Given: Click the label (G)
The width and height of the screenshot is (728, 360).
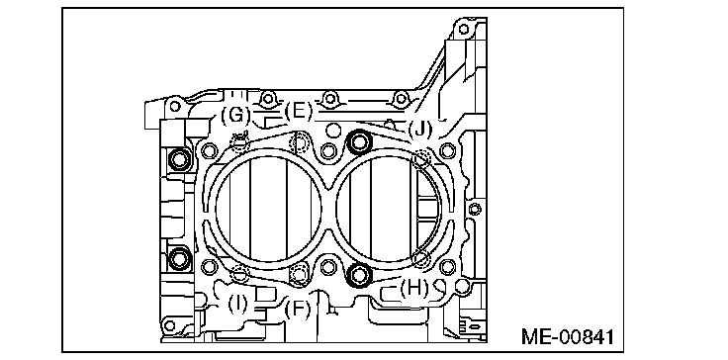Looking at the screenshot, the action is pos(235,115).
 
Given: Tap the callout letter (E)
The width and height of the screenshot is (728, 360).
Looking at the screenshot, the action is pos(298,112).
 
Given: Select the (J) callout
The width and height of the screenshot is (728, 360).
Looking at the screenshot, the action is pos(419,129).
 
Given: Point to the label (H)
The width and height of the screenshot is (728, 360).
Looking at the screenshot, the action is pos(414,289).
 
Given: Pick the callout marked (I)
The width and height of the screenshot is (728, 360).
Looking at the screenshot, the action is pos(237,305).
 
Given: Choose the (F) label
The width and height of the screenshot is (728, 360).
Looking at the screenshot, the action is pos(297,310).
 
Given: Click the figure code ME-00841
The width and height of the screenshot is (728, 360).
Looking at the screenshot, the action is pos(568,337).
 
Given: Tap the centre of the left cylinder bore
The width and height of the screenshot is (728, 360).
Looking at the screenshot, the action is pos(268,208).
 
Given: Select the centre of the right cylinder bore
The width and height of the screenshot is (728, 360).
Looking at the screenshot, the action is pos(388,208).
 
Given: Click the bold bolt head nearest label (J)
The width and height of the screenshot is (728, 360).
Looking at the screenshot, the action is pos(359,142).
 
